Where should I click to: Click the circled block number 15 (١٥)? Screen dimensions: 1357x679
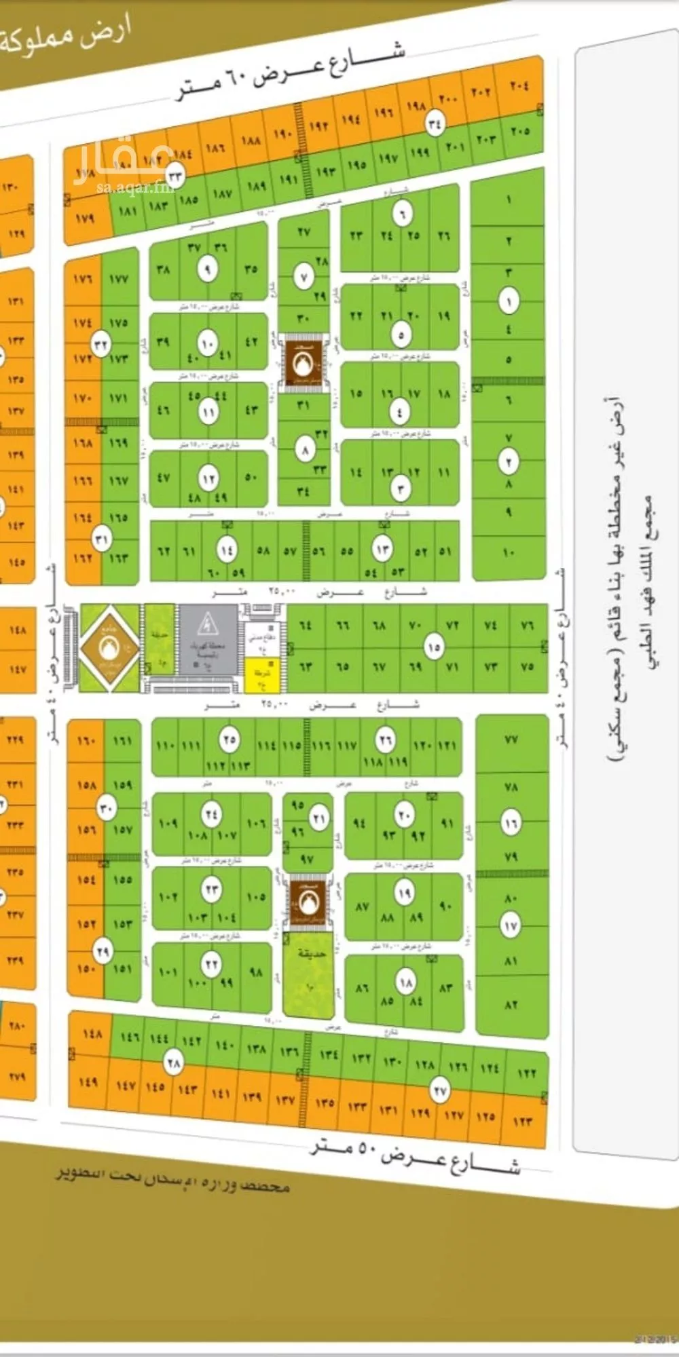pos(434,647)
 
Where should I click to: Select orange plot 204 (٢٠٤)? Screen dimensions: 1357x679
pos(519,86)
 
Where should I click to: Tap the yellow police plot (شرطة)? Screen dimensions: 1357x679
pos(259,675)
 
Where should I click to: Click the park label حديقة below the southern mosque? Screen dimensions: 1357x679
pos(312,953)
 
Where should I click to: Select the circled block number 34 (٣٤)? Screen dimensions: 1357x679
pos(435,124)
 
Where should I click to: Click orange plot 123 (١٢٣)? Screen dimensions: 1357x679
pos(522,1122)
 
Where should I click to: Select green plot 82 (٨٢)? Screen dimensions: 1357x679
pos(511,1005)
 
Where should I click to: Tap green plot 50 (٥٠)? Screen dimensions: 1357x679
pos(251,477)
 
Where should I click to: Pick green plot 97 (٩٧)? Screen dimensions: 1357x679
pos(307,859)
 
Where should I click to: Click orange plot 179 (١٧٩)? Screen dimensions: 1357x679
pos(85,218)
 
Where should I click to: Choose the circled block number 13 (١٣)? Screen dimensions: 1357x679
pos(383,548)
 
